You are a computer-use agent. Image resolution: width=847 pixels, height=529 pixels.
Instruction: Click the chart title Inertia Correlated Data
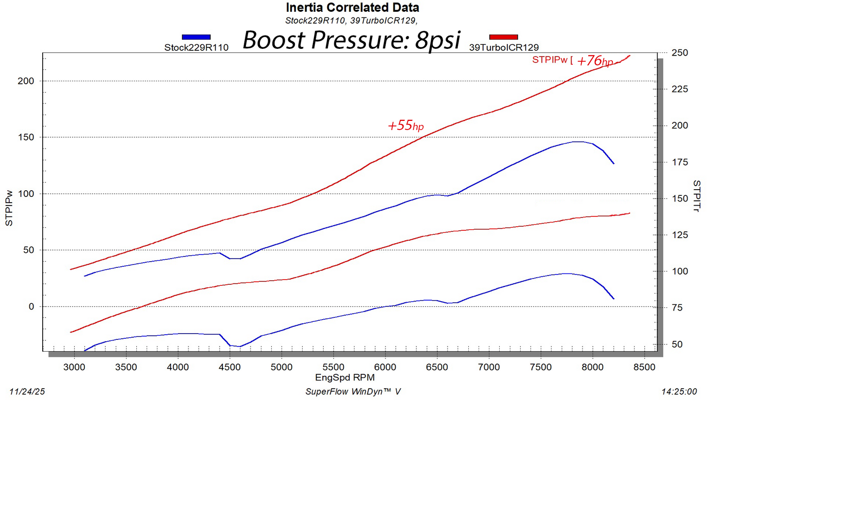pos(352,8)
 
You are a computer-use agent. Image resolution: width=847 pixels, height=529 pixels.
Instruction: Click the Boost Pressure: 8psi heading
pos(351,40)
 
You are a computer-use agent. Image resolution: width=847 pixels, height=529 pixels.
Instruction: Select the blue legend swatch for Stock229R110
pos(196,37)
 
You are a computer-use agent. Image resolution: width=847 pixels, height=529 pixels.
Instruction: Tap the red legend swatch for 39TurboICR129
pos(503,37)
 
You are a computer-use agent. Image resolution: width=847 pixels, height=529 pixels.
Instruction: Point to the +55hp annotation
pos(405,125)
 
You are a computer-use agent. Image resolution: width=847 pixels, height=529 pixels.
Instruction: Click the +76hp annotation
pos(594,61)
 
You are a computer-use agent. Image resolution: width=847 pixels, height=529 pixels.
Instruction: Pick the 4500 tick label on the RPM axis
pos(230,367)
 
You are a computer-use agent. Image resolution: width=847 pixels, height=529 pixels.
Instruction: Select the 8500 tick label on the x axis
pos(644,367)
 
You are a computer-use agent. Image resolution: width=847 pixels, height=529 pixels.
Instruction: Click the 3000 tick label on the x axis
pos(74,367)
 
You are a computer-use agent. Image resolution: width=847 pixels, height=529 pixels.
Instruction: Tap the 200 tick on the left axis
pos(26,81)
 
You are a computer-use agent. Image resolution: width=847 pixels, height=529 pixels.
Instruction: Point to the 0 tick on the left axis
pos(31,307)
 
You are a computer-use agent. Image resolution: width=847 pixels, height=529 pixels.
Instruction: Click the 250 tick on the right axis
pos(679,53)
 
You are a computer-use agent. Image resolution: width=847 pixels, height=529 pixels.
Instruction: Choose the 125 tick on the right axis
pos(679,235)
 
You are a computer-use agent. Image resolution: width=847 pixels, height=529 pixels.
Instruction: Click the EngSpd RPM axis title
pos(345,378)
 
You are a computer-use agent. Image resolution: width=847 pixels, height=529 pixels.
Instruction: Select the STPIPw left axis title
pos(9,208)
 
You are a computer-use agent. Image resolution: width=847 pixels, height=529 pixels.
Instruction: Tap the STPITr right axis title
pos(696,196)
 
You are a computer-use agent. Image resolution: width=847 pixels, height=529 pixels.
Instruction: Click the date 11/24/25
pos(27,392)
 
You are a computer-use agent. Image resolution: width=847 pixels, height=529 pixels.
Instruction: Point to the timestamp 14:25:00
pos(679,392)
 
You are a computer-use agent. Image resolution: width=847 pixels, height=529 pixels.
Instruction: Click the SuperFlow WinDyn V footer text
pos(352,392)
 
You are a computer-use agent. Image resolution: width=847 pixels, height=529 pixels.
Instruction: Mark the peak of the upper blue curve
pos(577,141)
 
